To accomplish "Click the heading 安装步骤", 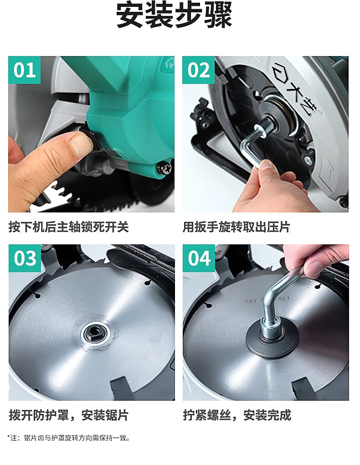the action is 174,15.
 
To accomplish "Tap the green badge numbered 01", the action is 24,70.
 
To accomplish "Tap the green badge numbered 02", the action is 198,70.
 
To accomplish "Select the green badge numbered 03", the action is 25,258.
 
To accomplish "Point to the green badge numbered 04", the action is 199,258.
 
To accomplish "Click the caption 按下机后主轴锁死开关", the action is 68,227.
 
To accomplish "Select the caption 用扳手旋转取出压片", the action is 237,227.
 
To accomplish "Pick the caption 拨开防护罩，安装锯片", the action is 68,415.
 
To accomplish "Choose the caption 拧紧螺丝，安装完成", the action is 237,415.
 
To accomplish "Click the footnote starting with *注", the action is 68,438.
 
